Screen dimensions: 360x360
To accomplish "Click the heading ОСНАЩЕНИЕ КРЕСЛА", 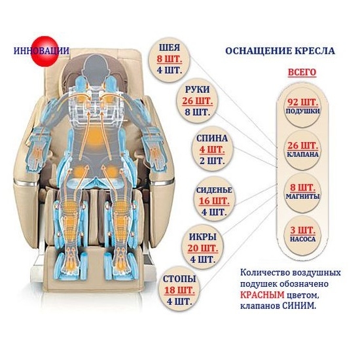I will [x=279, y=50].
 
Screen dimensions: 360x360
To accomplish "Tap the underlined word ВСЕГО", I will [x=302, y=71].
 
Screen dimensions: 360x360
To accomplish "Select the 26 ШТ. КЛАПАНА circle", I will [x=302, y=148].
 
